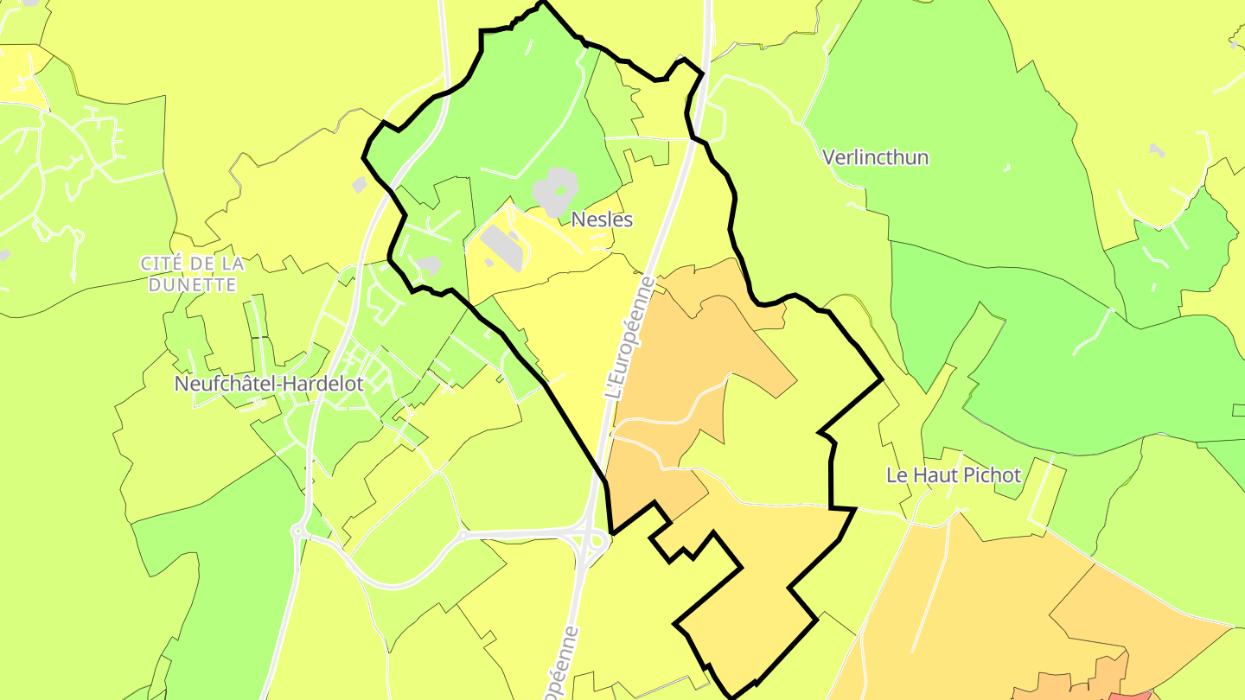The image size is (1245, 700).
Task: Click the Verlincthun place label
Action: pyautogui.click(x=876, y=157)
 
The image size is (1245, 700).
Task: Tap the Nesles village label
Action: pyautogui.click(x=602, y=220)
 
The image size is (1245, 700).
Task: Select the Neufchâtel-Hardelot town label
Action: pyautogui.click(x=269, y=384)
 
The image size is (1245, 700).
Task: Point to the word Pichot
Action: pyautogui.click(x=993, y=474)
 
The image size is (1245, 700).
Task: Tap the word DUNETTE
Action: pyautogui.click(x=192, y=284)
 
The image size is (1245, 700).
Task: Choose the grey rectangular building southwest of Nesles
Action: pyautogui.click(x=501, y=247)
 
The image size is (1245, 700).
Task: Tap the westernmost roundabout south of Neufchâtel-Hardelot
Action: pyautogui.click(x=298, y=531)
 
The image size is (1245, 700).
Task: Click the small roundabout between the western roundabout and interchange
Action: pyautogui.click(x=463, y=536)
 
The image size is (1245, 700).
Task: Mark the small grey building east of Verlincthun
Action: pyautogui.click(x=1157, y=150)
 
